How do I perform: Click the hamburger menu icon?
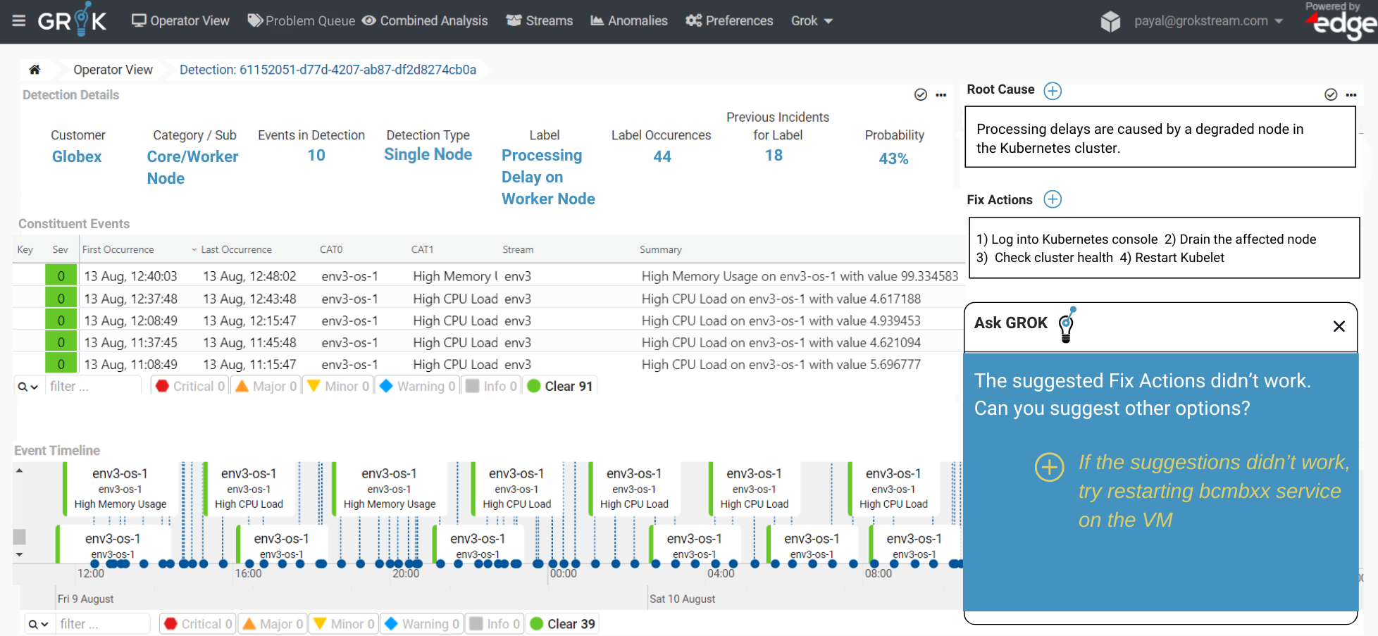(x=19, y=21)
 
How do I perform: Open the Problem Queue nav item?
(x=301, y=21)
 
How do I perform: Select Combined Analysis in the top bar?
(x=425, y=21)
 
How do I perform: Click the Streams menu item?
(x=540, y=21)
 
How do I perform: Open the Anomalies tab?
(x=628, y=21)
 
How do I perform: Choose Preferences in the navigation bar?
(x=729, y=21)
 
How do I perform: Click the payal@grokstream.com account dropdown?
(x=1208, y=21)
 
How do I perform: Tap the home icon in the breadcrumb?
(x=35, y=70)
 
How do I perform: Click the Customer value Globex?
(x=77, y=157)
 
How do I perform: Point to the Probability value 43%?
(x=893, y=159)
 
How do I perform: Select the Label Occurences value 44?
(x=662, y=157)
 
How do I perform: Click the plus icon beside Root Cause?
(x=1053, y=91)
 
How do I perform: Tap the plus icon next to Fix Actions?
(x=1053, y=199)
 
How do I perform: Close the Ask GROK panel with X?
(x=1339, y=326)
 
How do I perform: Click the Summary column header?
(x=661, y=250)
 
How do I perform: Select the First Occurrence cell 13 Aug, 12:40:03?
(x=131, y=277)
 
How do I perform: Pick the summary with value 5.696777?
(x=781, y=365)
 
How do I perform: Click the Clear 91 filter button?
(x=560, y=387)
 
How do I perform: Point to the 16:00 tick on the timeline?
(x=248, y=574)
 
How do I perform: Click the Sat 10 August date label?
(x=682, y=599)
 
